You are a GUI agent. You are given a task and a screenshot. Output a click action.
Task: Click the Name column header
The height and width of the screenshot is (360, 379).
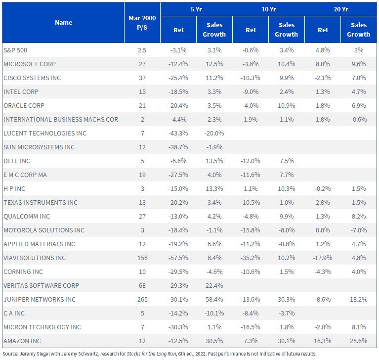[64, 23]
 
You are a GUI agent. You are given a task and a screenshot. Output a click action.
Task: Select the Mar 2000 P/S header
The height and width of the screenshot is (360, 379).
[142, 23]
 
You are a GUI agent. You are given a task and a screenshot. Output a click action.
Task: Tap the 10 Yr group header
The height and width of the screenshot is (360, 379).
[268, 9]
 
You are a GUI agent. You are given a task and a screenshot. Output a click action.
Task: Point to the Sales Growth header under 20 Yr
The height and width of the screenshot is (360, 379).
[359, 30]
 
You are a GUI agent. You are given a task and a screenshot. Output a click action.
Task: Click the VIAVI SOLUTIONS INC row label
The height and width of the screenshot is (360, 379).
[35, 258]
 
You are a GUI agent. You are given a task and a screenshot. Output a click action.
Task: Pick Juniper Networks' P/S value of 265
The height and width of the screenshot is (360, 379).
[142, 300]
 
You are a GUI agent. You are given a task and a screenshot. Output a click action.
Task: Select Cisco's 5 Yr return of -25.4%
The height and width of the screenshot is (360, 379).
[178, 78]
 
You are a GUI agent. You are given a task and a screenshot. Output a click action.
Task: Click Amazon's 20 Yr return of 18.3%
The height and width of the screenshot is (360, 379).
[323, 341]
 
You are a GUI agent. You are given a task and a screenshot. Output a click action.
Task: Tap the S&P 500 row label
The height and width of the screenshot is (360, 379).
[15, 50]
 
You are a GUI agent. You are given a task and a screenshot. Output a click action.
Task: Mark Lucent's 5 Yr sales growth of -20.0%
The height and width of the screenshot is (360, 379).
[214, 134]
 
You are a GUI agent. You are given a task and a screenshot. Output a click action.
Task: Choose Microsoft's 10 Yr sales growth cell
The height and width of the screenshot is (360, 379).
[287, 64]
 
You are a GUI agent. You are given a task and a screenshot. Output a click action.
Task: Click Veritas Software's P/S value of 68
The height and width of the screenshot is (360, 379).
[142, 285]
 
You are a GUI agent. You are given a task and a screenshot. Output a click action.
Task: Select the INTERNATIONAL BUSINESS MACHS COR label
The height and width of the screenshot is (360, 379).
[61, 120]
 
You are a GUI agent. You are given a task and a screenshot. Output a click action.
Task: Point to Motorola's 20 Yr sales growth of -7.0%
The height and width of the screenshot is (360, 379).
[359, 230]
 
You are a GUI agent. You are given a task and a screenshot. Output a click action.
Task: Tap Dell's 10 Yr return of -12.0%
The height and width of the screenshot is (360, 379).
[251, 161]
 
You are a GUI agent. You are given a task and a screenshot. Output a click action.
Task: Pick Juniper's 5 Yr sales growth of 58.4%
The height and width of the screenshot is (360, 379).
[214, 300]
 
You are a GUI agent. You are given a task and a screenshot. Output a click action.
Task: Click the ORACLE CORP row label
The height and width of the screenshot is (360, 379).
[24, 106]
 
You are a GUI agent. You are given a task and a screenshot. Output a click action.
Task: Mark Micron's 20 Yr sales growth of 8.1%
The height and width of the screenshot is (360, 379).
[359, 327]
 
